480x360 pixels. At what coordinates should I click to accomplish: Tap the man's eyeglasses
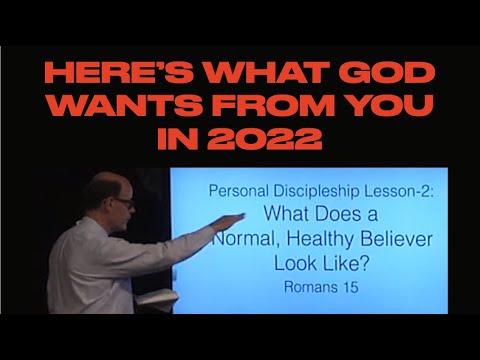pyautogui.click(x=123, y=203)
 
